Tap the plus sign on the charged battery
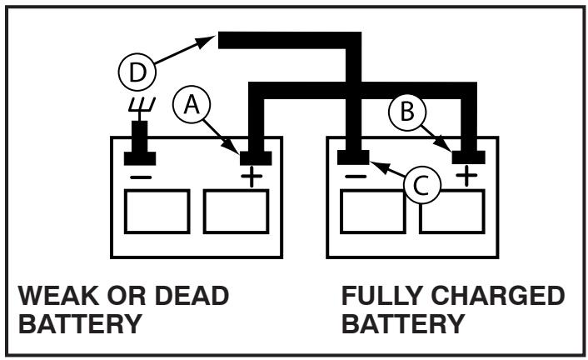coord(468,177)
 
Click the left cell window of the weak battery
coord(157,211)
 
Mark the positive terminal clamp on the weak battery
coord(253,155)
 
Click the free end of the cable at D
coord(223,39)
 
